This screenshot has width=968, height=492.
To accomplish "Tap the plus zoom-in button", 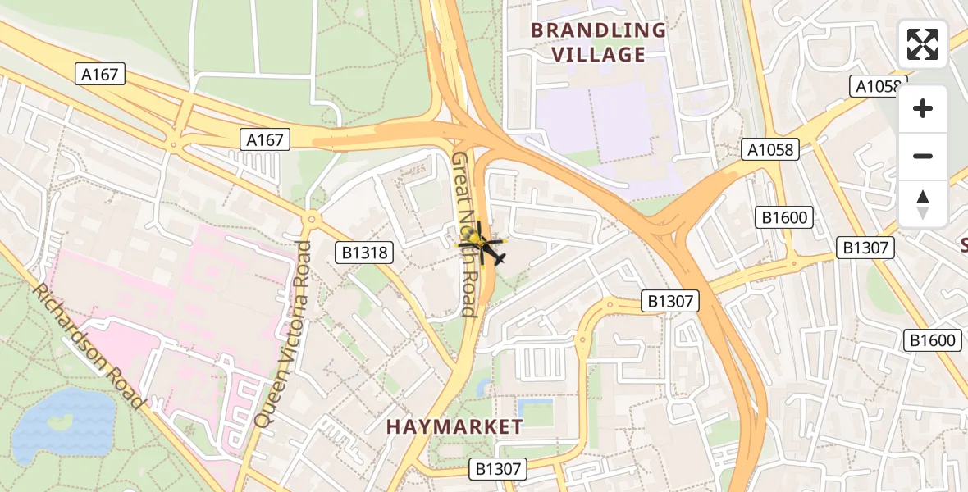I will [923, 109].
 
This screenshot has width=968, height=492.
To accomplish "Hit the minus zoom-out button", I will [923, 157].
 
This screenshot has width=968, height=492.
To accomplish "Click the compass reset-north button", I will [923, 203].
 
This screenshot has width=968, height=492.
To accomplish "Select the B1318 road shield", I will [364, 253].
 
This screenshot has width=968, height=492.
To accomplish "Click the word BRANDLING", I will [598, 30].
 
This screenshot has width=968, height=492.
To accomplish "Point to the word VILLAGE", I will [598, 55].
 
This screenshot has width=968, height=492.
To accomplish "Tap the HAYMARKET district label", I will [454, 426].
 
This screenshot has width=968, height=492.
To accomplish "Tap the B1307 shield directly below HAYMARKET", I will [498, 469].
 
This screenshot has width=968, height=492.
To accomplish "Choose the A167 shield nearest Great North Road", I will [265, 140].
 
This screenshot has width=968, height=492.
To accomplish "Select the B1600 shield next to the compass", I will [784, 217].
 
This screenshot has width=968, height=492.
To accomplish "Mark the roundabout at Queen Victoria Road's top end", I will [311, 220].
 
